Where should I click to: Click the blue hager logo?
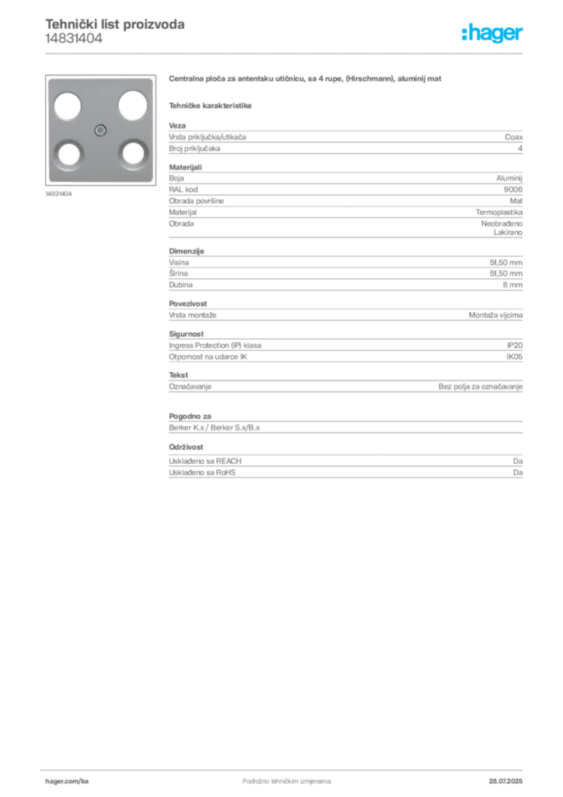coord(493,33)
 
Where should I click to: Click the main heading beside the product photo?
coord(307,79)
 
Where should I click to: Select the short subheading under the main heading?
coord(212,105)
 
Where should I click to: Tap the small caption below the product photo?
coord(59,194)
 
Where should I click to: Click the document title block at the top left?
coord(115,32)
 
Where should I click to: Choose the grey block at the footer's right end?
coord(506,776)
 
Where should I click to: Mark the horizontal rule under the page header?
coord(286,53)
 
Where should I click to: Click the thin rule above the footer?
coord(286,766)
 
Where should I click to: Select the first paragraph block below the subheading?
coord(344,139)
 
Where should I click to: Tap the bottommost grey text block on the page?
coord(344,462)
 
